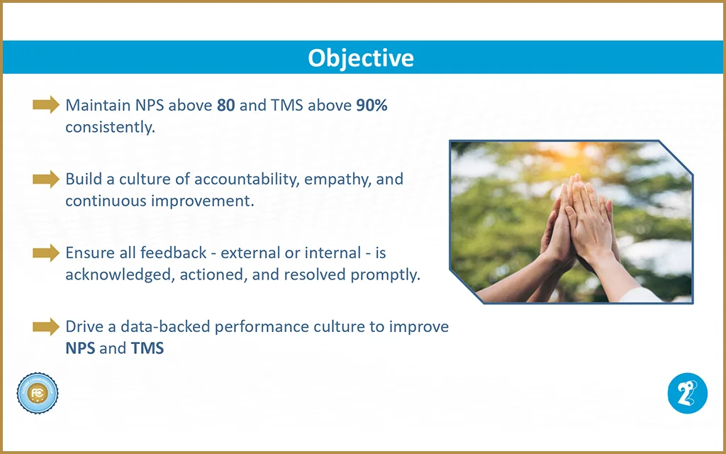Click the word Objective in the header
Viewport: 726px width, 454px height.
[x=361, y=58]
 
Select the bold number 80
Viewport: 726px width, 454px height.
[x=226, y=105]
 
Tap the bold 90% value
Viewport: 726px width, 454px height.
[x=372, y=105]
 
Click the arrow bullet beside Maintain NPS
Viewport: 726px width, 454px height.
[x=46, y=105]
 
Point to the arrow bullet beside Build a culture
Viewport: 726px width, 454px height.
[x=46, y=179]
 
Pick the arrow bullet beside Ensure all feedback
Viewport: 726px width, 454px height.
[x=46, y=253]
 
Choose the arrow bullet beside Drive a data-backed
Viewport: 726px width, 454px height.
[x=46, y=326]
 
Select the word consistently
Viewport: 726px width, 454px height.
[x=110, y=128]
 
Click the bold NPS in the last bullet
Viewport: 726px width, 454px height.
[x=80, y=348]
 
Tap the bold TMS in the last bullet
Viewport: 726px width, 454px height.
[x=147, y=348]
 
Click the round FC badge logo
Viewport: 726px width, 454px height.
[x=38, y=393]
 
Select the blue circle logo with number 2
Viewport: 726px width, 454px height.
[x=688, y=393]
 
